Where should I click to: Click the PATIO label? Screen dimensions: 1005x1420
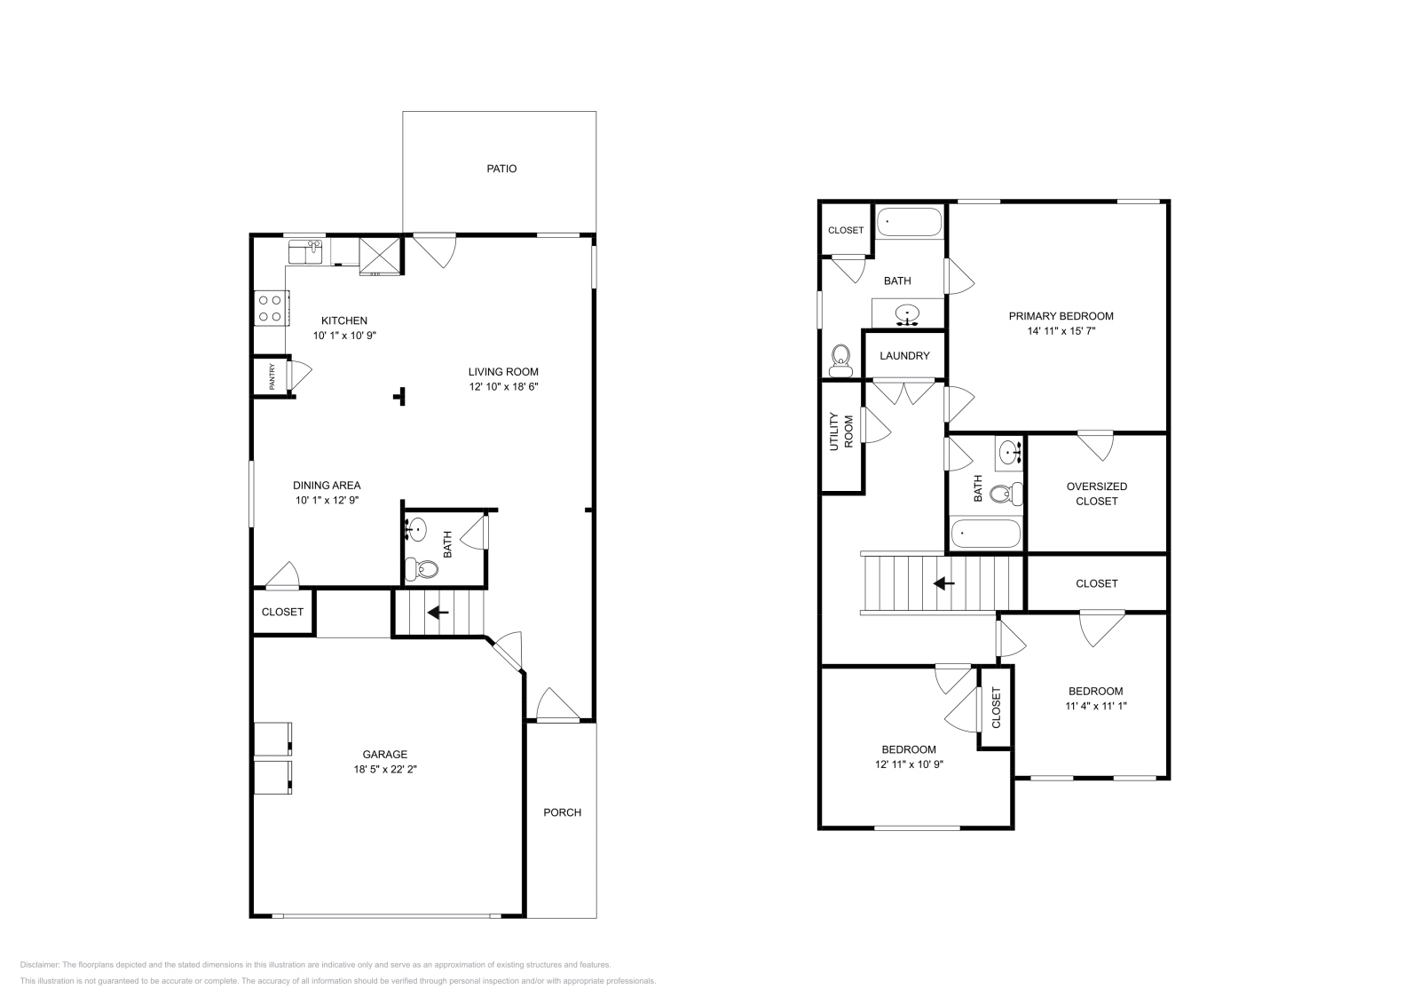point(501,169)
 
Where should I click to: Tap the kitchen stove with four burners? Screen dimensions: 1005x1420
point(270,308)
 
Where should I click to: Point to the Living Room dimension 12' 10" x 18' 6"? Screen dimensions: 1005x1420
point(503,387)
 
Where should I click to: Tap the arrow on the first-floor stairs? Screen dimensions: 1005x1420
point(438,613)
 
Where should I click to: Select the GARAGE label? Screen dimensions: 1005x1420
point(384,755)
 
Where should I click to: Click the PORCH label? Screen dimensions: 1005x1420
point(562,812)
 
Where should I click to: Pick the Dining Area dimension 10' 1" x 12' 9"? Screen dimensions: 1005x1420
point(327,501)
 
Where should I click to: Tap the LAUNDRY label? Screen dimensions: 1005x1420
point(904,356)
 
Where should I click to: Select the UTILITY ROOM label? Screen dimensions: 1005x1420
point(840,432)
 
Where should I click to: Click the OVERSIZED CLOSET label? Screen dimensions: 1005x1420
point(1096,494)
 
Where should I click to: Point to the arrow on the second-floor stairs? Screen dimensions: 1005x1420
point(943,583)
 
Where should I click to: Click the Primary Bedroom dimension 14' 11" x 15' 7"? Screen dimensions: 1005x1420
point(1061,331)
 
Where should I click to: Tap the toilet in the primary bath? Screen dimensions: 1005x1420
point(840,360)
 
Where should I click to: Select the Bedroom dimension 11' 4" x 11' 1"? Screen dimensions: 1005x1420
point(1095,707)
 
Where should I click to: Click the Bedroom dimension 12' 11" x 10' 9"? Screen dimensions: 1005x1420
point(909,764)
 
